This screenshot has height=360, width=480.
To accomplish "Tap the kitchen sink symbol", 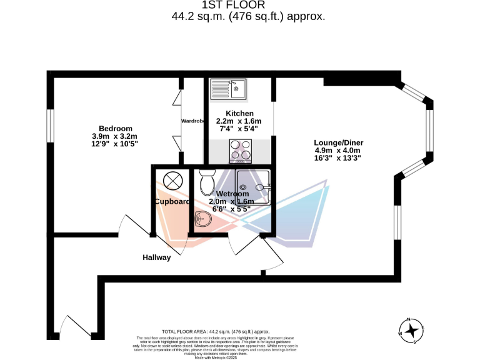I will (x=230, y=89).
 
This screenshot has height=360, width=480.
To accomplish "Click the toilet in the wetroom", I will (x=207, y=182).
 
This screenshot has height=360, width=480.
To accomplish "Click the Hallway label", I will (x=156, y=257).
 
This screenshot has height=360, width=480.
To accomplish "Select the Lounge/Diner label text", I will (x=338, y=142).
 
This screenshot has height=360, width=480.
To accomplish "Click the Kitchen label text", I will (x=239, y=113).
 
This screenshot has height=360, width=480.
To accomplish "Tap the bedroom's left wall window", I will (x=49, y=131).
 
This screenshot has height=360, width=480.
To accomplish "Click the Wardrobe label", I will (x=193, y=121).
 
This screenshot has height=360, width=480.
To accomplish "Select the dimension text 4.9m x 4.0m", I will (x=338, y=150).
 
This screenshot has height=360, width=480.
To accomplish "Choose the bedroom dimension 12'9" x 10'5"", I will (x=114, y=144).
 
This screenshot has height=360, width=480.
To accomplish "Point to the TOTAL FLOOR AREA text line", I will (x=216, y=331).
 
